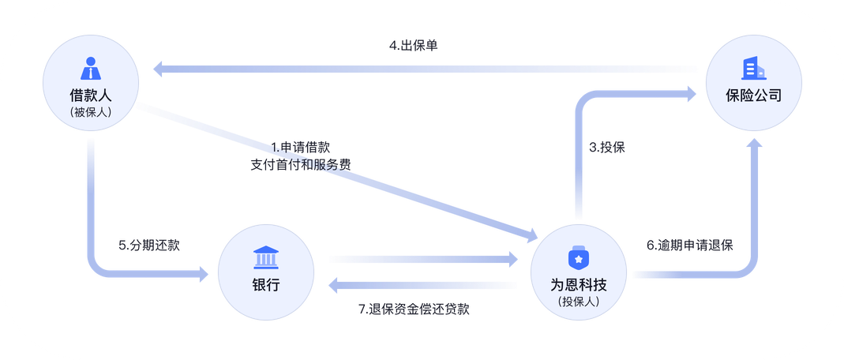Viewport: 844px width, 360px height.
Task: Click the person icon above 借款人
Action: click(93, 69)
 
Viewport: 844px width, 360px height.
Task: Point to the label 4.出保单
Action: click(413, 45)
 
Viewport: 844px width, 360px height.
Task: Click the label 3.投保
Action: click(607, 147)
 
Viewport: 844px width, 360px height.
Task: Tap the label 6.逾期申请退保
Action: click(690, 245)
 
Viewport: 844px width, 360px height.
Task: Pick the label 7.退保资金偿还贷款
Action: click(414, 309)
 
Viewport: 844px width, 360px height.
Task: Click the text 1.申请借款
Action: click(301, 147)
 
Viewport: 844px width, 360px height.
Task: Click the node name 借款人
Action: click(93, 96)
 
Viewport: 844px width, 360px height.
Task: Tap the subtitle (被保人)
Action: click(93, 113)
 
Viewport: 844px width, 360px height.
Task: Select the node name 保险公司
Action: click(753, 96)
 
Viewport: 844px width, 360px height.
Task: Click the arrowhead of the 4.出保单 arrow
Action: click(157, 69)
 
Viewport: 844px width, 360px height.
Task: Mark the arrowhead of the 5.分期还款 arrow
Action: click(202, 274)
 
